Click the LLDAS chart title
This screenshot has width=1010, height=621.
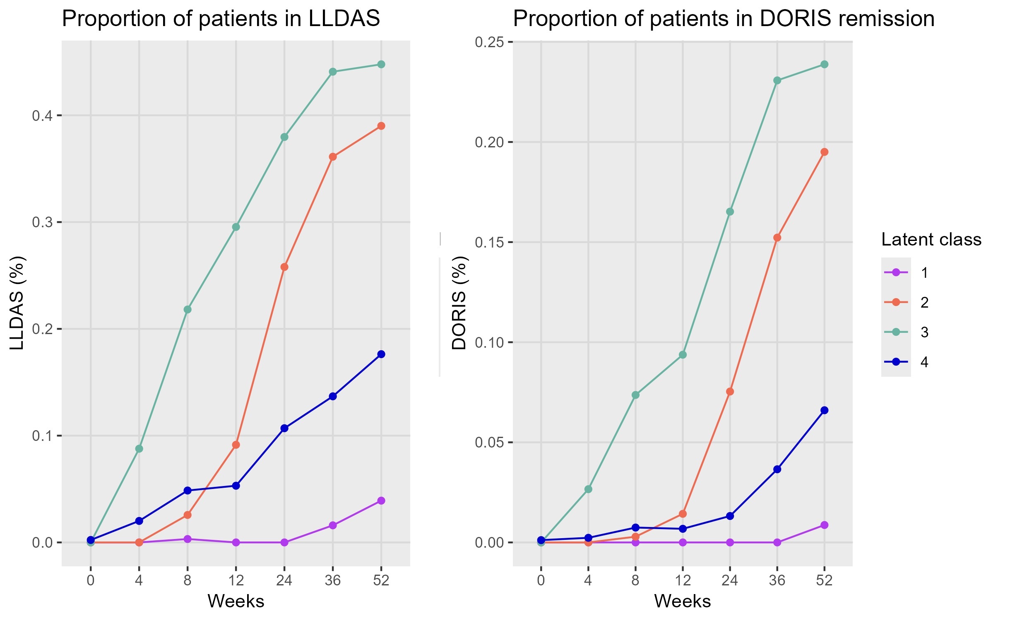(x=221, y=19)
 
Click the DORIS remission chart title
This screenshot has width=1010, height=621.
(x=724, y=19)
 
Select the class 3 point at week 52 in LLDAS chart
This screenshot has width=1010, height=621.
(x=381, y=65)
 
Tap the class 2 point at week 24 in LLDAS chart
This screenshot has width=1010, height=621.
(x=284, y=267)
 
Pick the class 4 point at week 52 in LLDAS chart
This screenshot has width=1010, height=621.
(x=381, y=354)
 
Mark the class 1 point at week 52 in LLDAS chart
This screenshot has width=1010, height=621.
(x=381, y=501)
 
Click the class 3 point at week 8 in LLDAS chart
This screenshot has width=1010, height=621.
(x=188, y=310)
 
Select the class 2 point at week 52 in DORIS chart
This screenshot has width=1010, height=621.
(x=824, y=152)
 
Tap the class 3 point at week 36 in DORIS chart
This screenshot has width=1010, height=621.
(x=777, y=81)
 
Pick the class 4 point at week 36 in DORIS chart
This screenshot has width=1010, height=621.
(x=777, y=469)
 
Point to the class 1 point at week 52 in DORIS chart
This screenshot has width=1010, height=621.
(x=824, y=525)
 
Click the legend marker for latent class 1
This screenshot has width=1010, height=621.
(x=896, y=272)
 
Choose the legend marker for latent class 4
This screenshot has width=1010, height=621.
(x=896, y=362)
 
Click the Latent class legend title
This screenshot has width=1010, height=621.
(x=931, y=240)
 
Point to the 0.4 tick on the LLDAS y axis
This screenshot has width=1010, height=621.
(x=43, y=116)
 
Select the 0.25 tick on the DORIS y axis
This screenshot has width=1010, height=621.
(x=489, y=42)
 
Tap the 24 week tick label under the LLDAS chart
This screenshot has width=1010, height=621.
(x=284, y=580)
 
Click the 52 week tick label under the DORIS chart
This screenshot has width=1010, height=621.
(x=824, y=580)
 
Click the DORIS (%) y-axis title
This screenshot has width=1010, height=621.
(x=459, y=303)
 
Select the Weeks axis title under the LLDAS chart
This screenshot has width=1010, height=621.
(x=236, y=601)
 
